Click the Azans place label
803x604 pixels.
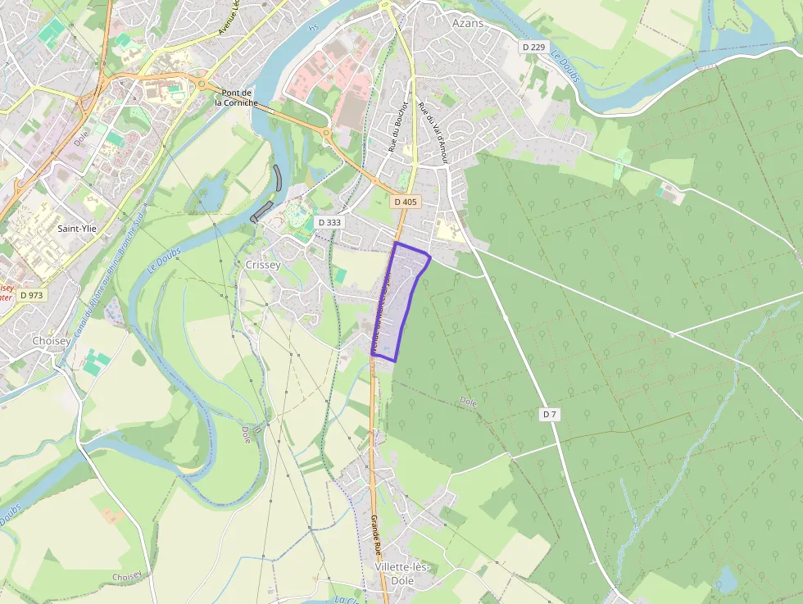(x=468, y=23)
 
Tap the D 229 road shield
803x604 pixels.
(x=533, y=48)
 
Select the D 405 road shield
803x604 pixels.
(x=406, y=202)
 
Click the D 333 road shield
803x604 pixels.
(x=329, y=222)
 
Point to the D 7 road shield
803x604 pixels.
(x=550, y=415)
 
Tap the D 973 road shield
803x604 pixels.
(x=32, y=295)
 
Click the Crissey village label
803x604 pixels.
(x=263, y=265)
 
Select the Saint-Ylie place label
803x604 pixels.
(x=77, y=229)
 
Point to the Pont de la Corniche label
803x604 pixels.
(x=236, y=98)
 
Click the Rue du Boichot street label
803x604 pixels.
(x=397, y=131)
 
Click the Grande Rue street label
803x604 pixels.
(x=378, y=533)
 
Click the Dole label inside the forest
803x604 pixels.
(x=468, y=402)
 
